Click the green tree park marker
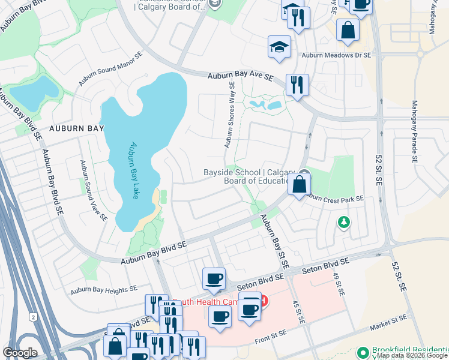click(343, 223)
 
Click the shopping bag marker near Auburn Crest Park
click(298, 184)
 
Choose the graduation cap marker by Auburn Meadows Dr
click(279, 47)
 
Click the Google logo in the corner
click(20, 353)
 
